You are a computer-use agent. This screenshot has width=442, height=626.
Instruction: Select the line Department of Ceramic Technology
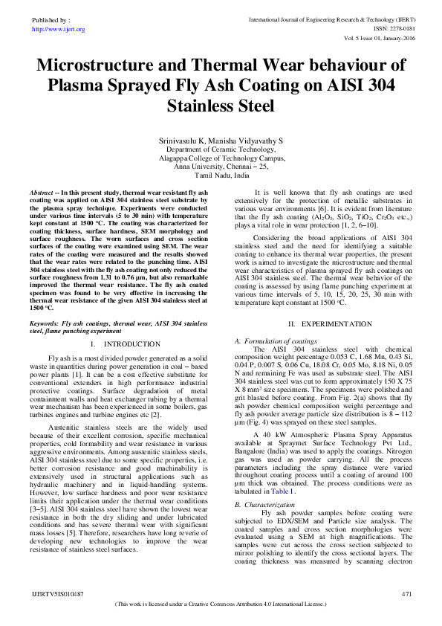tap(221, 149)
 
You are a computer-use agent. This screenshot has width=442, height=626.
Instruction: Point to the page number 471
tap(406, 594)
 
